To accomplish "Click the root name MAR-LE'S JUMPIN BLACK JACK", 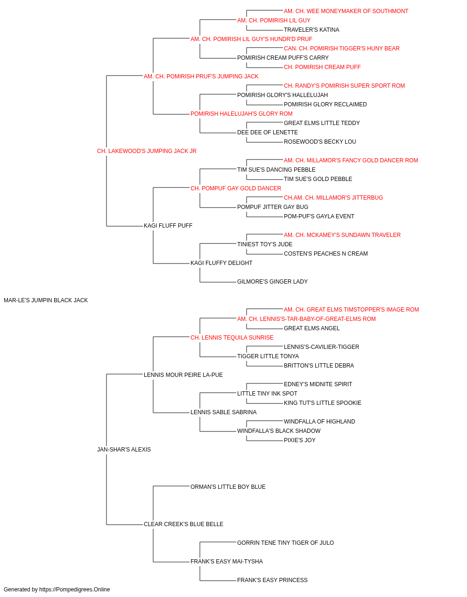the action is pyautogui.click(x=46, y=300).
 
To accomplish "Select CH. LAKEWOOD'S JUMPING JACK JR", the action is pyautogui.click(x=147, y=151).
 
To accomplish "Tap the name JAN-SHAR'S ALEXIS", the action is pyautogui.click(x=124, y=450).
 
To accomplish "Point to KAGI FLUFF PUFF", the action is pyautogui.click(x=168, y=226).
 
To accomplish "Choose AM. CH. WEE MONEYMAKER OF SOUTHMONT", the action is pyautogui.click(x=346, y=11).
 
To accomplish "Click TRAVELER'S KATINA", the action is pyautogui.click(x=311, y=30).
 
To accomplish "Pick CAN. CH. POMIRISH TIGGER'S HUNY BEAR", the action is pyautogui.click(x=341, y=49).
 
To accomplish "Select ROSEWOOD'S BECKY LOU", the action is pyautogui.click(x=320, y=142).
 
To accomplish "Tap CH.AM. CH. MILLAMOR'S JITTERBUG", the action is pyautogui.click(x=333, y=198).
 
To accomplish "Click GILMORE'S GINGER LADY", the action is pyautogui.click(x=272, y=282).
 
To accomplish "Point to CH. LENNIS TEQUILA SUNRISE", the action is pyautogui.click(x=232, y=338).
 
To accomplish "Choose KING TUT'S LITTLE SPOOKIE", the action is pyautogui.click(x=323, y=403).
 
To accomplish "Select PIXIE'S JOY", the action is pyautogui.click(x=299, y=440).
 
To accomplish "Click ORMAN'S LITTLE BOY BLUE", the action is pyautogui.click(x=228, y=487).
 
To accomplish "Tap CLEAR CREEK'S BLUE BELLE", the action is pyautogui.click(x=184, y=524).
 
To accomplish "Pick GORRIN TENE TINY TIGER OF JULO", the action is pyautogui.click(x=285, y=543).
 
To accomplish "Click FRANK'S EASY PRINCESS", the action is pyautogui.click(x=272, y=580).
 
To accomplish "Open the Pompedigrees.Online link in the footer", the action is pyautogui.click(x=74, y=590).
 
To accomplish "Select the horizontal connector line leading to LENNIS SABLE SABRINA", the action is pyautogui.click(x=171, y=413).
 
